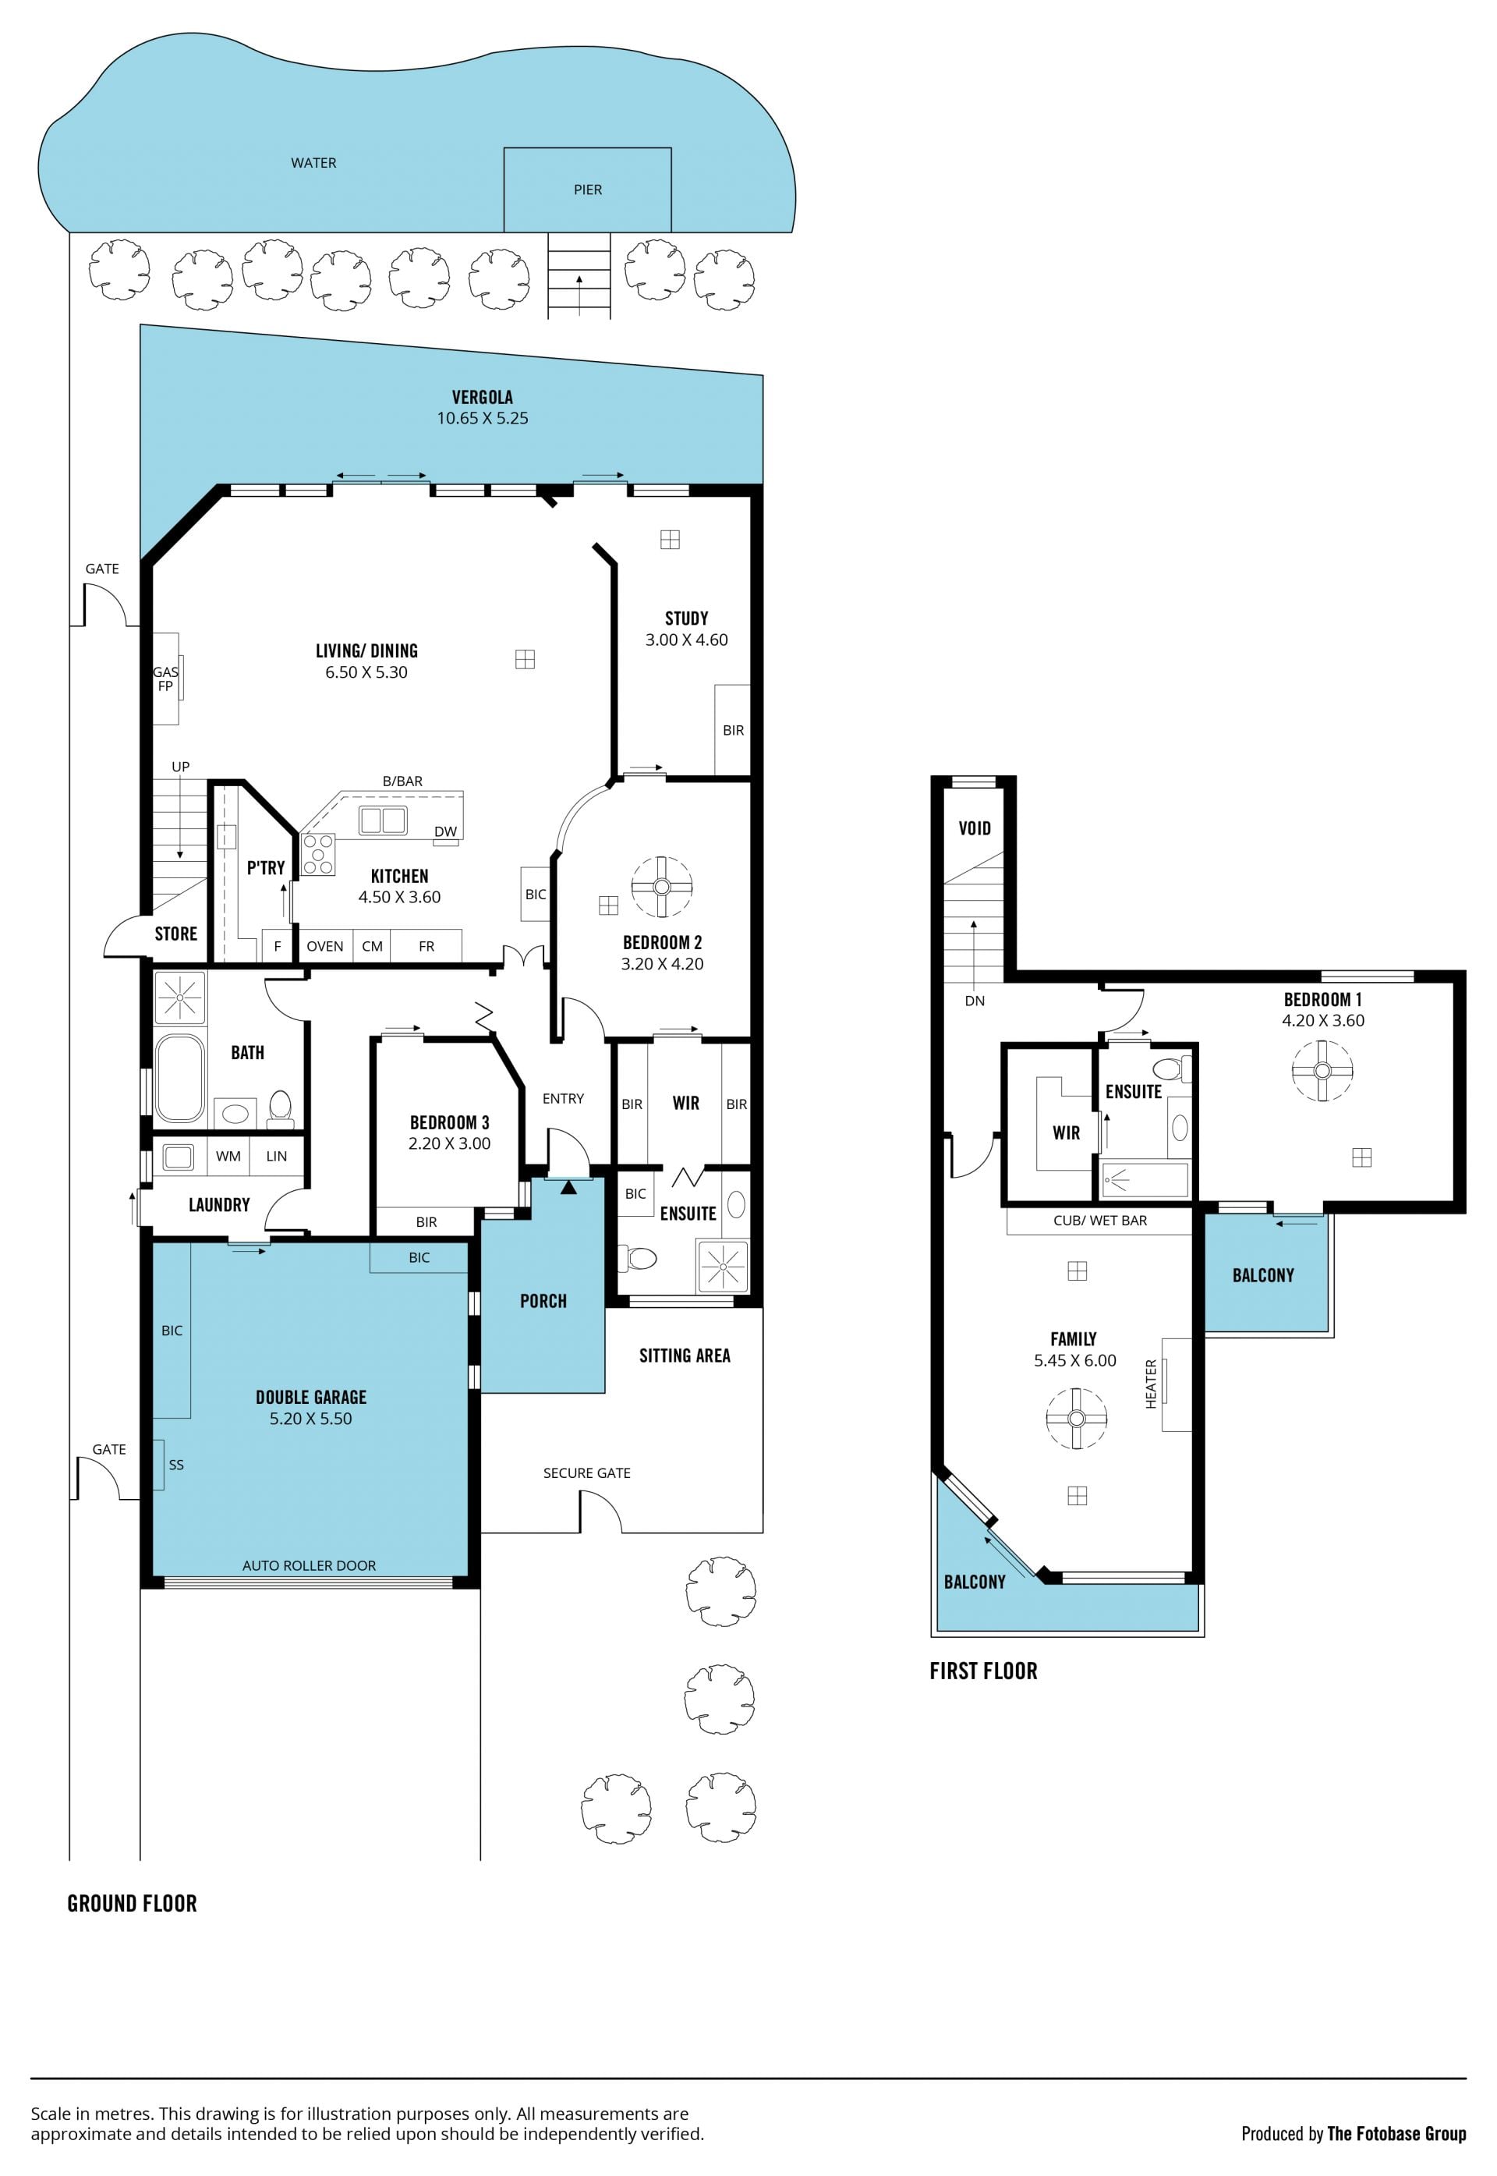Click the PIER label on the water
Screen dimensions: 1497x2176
point(588,190)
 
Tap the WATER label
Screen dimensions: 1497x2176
point(313,162)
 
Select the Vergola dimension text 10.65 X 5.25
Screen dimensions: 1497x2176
point(482,419)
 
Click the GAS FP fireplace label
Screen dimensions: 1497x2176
point(165,679)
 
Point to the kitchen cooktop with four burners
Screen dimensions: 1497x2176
point(319,854)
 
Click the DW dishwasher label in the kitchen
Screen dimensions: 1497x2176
point(445,831)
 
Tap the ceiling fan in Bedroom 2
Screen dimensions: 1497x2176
point(662,887)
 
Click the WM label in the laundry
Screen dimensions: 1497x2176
point(228,1156)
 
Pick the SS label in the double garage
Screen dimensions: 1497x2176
point(176,1465)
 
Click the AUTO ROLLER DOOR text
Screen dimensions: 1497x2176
point(309,1565)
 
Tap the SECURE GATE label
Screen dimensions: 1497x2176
point(587,1473)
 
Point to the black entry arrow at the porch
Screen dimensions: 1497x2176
point(568,1187)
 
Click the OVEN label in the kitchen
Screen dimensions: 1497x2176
point(324,946)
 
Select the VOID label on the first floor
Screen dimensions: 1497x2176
point(975,828)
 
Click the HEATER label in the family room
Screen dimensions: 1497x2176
point(1151,1384)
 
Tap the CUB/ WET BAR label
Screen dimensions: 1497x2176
point(1100,1220)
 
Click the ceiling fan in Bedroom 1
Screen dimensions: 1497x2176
point(1322,1071)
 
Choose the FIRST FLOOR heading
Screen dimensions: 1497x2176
point(984,1671)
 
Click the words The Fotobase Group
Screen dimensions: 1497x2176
point(1396,2134)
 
